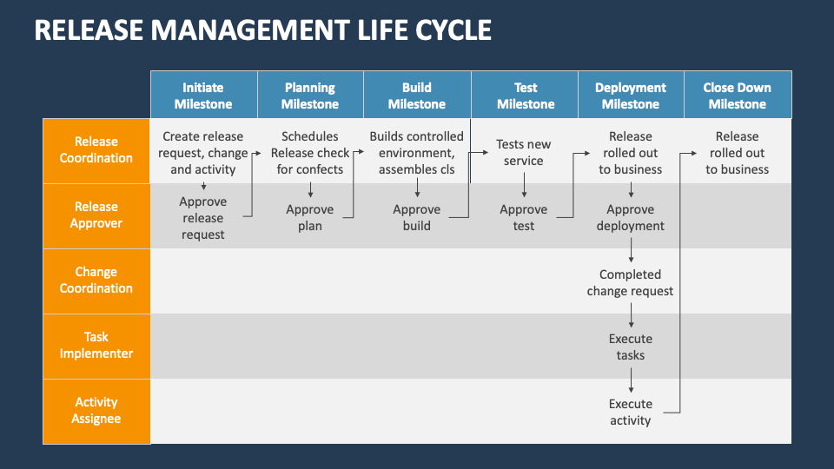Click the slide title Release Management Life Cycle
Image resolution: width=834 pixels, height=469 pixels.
[x=263, y=30]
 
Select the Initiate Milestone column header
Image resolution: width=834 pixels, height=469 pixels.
[x=203, y=96]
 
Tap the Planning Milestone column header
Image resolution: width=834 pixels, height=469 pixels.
[x=310, y=96]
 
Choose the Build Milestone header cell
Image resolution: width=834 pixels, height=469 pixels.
[x=417, y=96]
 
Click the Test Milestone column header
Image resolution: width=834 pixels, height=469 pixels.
[x=525, y=96]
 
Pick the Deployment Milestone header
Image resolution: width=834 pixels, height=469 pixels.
[x=631, y=96]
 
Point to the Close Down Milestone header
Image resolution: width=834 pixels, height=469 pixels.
[x=737, y=96]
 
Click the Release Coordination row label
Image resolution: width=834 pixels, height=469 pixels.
[x=96, y=150]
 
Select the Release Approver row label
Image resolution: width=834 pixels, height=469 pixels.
[x=96, y=215]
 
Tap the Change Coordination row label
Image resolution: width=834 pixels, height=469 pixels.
[x=96, y=281]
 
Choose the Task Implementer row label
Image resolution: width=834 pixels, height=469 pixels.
[x=96, y=346]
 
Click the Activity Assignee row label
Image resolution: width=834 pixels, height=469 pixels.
[x=96, y=411]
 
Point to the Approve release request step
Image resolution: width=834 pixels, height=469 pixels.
[x=203, y=218]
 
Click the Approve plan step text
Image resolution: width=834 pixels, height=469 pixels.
[x=310, y=218]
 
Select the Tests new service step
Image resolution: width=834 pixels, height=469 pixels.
[x=524, y=153]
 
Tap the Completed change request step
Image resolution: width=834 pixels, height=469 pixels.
[x=631, y=283]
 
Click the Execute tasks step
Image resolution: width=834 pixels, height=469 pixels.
[x=631, y=347]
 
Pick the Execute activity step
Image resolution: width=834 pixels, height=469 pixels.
[x=631, y=413]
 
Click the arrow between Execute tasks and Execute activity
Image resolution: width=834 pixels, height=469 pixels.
[x=631, y=380]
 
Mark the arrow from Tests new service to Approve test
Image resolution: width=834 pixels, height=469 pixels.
[x=524, y=185]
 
